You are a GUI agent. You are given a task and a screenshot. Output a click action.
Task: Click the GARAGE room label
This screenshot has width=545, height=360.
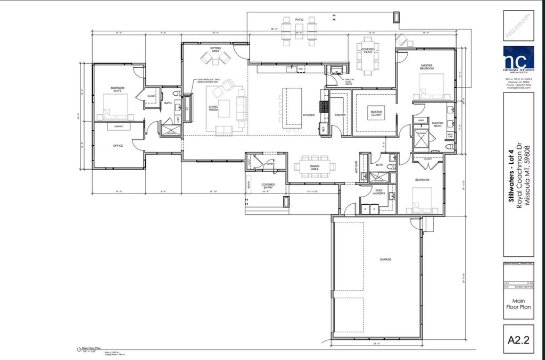[x=385, y=259]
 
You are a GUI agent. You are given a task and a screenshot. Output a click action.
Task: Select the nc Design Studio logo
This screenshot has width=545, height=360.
[x=518, y=57]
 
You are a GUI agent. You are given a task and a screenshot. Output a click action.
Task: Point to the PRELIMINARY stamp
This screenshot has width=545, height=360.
[x=518, y=26]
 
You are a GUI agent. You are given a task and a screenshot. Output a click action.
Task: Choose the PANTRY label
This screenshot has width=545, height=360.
[x=341, y=115]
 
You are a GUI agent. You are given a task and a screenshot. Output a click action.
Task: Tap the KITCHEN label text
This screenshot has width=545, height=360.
[x=309, y=115]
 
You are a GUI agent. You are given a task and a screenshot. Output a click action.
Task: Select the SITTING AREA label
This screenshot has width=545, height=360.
[x=215, y=49]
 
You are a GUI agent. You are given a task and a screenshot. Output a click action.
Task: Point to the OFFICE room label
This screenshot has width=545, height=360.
[x=118, y=145]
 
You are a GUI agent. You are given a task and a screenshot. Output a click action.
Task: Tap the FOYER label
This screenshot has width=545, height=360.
[x=270, y=164]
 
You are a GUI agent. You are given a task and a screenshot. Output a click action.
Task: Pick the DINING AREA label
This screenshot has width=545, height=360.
[x=314, y=168]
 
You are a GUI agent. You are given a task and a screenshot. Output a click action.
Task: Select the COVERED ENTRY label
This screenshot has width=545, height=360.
[x=268, y=187]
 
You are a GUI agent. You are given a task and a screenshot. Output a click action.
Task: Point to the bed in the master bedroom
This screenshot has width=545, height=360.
[x=432, y=87]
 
